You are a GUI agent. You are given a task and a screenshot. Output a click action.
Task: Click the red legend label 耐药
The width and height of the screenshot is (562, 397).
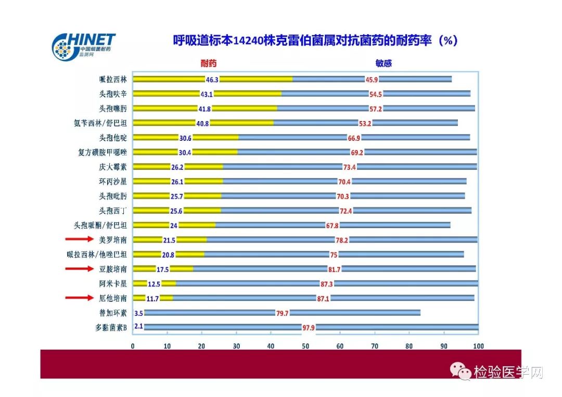coord(209,63)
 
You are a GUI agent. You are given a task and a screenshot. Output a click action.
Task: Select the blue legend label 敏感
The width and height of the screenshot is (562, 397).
coord(384,63)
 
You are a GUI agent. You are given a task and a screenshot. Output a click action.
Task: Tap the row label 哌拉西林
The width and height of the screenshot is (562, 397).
coord(113,80)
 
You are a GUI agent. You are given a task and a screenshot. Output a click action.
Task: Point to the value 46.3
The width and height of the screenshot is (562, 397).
coord(212,80)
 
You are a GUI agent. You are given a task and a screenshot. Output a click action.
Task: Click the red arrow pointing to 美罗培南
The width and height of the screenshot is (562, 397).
coord(79,240)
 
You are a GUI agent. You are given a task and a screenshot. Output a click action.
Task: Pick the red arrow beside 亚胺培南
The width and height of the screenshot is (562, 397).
coord(79,269)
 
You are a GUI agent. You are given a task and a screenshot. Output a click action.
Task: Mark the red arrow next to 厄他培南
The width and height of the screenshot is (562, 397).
coord(79,298)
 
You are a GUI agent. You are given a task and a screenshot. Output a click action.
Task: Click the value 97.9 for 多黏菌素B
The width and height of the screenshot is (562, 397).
coord(309,327)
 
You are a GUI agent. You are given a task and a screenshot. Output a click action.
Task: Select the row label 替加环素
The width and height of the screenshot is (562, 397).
coord(113,313)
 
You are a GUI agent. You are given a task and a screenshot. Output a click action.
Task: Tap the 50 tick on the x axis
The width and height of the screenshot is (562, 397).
coord(305,346)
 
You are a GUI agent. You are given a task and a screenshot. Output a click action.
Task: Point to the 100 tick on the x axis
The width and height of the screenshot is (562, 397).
coord(478,346)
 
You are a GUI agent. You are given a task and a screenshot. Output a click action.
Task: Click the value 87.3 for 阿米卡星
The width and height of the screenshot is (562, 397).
coord(326,284)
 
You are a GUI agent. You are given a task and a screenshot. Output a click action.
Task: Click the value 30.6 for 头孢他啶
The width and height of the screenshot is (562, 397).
coord(185,138)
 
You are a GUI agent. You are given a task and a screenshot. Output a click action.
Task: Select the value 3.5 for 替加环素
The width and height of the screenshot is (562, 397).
coord(138,313)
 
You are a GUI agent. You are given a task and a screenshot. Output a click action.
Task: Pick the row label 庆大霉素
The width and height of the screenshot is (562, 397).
coord(113,167)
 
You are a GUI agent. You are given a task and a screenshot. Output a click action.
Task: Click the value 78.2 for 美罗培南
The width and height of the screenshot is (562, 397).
coord(342,240)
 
